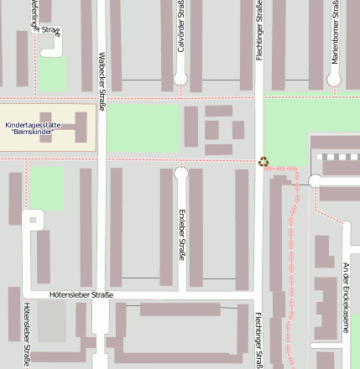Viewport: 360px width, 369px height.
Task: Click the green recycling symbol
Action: click(x=263, y=161)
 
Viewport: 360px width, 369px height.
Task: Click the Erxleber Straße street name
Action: click(x=181, y=234)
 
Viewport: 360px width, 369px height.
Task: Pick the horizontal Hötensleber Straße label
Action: click(x=81, y=295)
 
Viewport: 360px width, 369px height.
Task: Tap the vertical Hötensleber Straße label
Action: click(x=27, y=335)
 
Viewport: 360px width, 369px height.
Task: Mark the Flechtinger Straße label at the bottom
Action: click(x=258, y=340)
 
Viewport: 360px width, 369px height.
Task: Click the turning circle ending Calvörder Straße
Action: click(x=180, y=79)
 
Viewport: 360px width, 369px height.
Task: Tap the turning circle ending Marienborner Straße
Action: click(x=334, y=80)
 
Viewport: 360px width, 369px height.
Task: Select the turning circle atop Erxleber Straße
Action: click(x=181, y=174)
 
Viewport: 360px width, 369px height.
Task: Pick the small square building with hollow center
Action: click(x=34, y=220)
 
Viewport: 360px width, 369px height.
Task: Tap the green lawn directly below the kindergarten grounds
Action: click(x=47, y=187)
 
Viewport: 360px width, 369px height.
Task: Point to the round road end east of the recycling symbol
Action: click(x=316, y=180)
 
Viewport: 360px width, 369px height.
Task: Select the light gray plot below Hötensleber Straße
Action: click(x=51, y=321)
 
